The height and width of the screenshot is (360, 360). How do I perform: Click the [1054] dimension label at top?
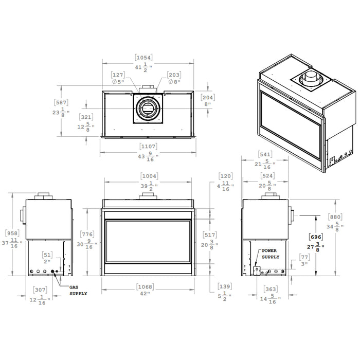143,58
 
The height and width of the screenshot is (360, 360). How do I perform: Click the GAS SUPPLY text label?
78,291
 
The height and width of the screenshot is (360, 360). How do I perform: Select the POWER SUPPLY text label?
271,254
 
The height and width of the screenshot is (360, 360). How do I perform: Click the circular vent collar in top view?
148,108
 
